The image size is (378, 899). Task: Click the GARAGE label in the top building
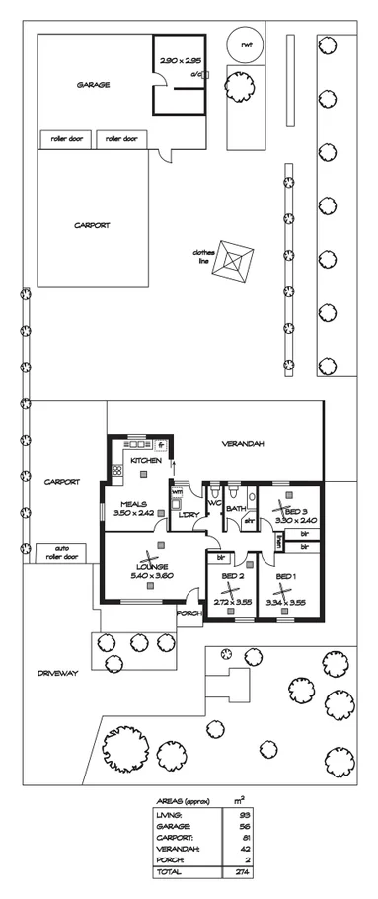tap(93, 85)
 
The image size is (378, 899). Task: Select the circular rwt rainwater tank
tap(242, 43)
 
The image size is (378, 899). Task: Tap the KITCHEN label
tap(146, 461)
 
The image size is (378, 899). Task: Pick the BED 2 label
tap(233, 576)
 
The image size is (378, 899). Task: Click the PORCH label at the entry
tap(189, 613)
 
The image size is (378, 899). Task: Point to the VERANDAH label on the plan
tap(243, 443)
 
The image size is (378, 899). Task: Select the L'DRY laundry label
tap(185, 514)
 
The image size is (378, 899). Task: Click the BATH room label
tap(237, 509)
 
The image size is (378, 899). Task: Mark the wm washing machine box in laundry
tap(178, 492)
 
